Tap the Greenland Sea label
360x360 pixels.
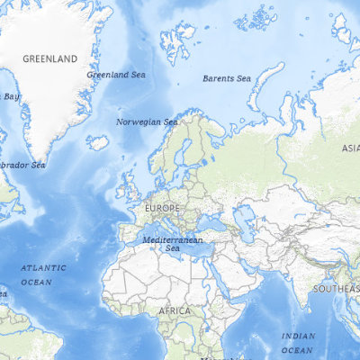pos(115,75)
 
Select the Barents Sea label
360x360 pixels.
pos(226,78)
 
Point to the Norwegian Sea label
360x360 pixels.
pos(147,121)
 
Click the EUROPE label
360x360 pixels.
pos(162,208)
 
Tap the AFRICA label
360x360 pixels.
pos(175,310)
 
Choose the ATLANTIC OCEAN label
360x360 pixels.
pos(43,274)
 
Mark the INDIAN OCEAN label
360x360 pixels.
pos(298,343)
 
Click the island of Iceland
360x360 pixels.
pos(97,141)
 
